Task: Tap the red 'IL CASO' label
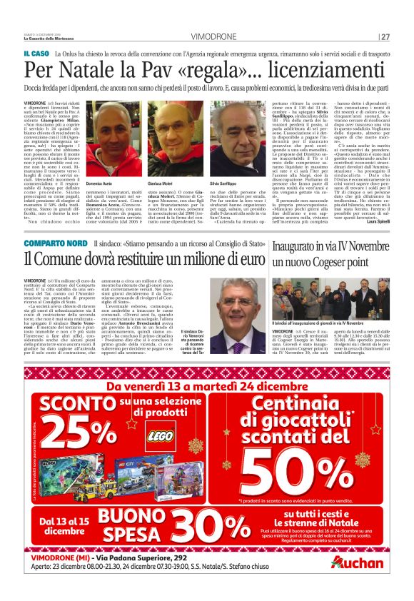point(36,54)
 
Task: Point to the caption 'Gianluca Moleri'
point(163,183)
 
